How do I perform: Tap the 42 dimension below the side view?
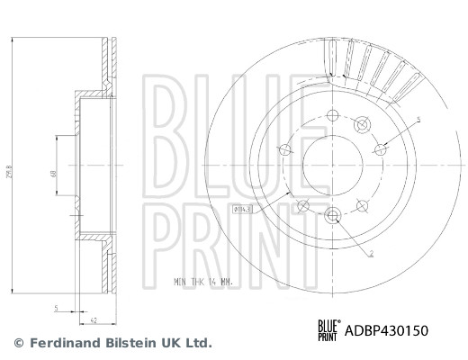point(94,318)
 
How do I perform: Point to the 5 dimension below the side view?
point(57,307)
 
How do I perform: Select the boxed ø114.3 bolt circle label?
point(243,209)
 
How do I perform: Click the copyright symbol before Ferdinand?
point(19,343)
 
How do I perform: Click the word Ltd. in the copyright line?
point(197,343)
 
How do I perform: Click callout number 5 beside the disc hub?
point(418,120)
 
